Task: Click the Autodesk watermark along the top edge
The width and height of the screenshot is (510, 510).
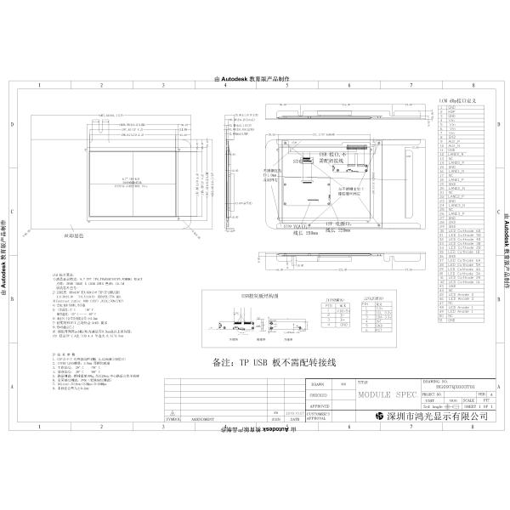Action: (x=255, y=78)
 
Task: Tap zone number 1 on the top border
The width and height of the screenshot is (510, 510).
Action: (x=39, y=86)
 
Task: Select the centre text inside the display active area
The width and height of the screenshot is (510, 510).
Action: (x=136, y=181)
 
